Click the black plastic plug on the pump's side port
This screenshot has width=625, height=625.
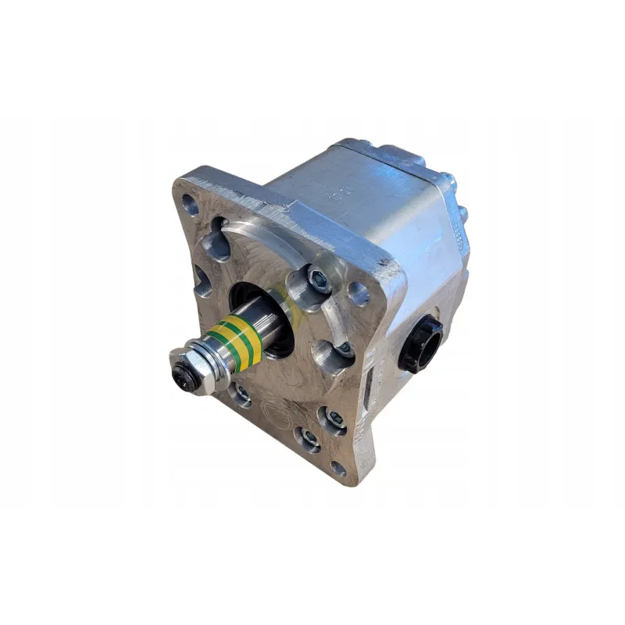click(420, 342)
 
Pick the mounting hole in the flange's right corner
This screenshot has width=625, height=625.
click(358, 293)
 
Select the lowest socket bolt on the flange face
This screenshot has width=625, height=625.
click(310, 439)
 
